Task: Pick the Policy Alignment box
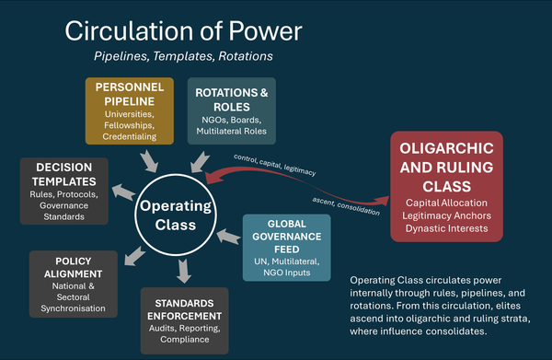tap(74, 284)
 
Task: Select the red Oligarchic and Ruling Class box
tap(445, 187)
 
